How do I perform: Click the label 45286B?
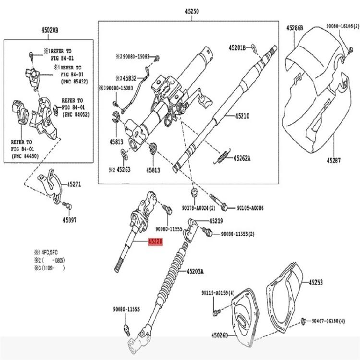(x=295, y=28)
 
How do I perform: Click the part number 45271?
(x=74, y=183)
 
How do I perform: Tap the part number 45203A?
(x=195, y=271)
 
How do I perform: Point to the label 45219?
(x=216, y=221)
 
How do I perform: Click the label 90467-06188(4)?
(x=328, y=321)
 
